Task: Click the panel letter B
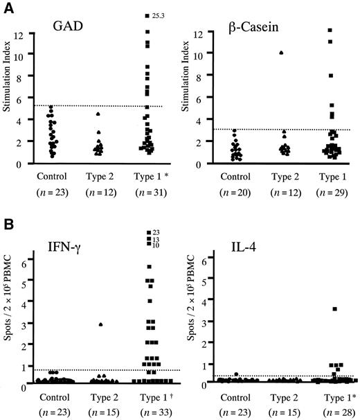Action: pyautogui.click(x=8, y=225)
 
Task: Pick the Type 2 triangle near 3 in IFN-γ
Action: pyautogui.click(x=101, y=324)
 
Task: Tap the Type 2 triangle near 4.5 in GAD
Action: pyautogui.click(x=98, y=114)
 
